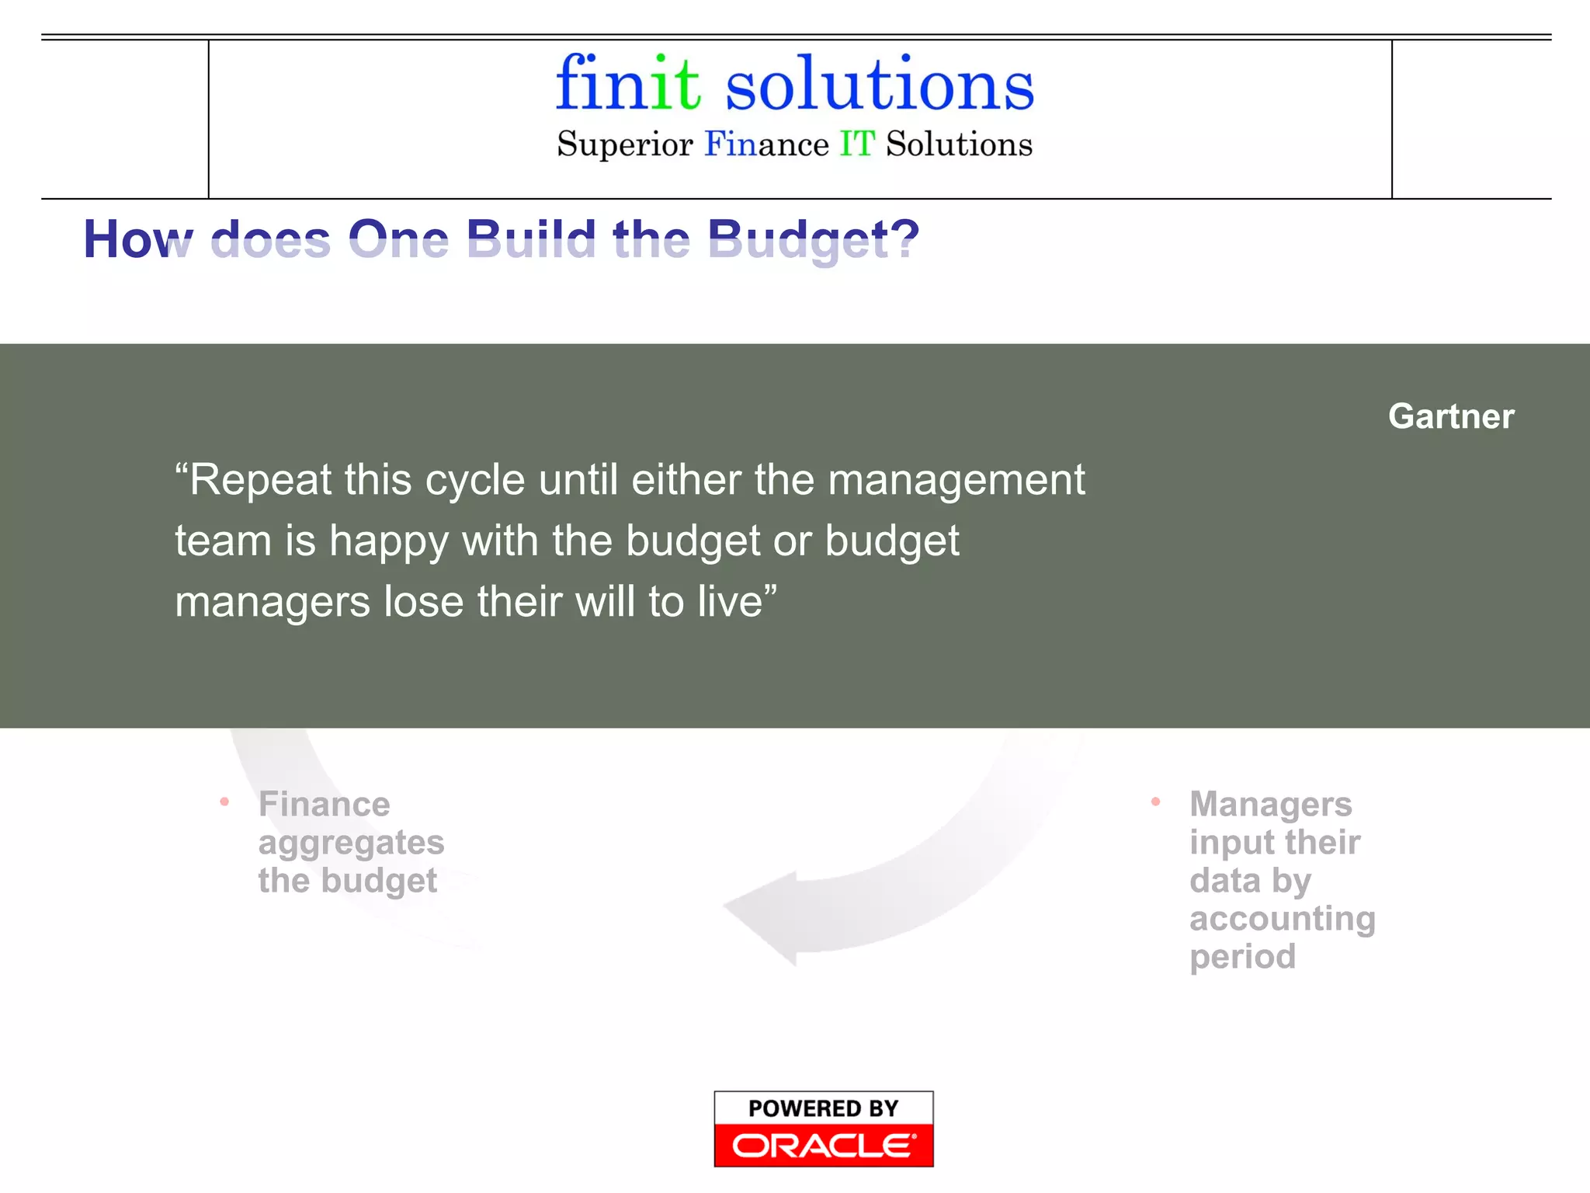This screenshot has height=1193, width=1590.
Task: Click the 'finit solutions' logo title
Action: (x=795, y=84)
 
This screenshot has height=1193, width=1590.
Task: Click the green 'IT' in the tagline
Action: (x=857, y=144)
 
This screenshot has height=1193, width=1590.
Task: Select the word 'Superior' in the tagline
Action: (x=625, y=145)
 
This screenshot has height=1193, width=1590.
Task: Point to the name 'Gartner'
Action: (x=1451, y=416)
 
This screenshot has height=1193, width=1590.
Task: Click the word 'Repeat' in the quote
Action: (x=259, y=479)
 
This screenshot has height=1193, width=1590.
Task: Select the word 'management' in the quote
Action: (x=956, y=479)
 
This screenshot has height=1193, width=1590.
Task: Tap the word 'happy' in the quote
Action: (x=388, y=541)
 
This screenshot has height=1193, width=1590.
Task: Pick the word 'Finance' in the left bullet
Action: (x=325, y=804)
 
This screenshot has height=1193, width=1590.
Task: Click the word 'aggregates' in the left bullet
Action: (x=351, y=843)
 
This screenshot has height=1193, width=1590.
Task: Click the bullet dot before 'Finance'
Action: (x=224, y=802)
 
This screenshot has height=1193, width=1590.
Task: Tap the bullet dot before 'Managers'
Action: (x=1155, y=802)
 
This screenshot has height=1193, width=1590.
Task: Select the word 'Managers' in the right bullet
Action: (x=1271, y=804)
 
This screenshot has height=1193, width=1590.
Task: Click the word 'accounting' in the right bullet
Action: (x=1283, y=919)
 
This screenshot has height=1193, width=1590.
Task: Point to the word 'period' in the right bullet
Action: (x=1242, y=957)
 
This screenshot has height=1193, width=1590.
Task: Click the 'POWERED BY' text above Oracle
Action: (x=823, y=1108)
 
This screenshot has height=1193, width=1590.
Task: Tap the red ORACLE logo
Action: (x=823, y=1146)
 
